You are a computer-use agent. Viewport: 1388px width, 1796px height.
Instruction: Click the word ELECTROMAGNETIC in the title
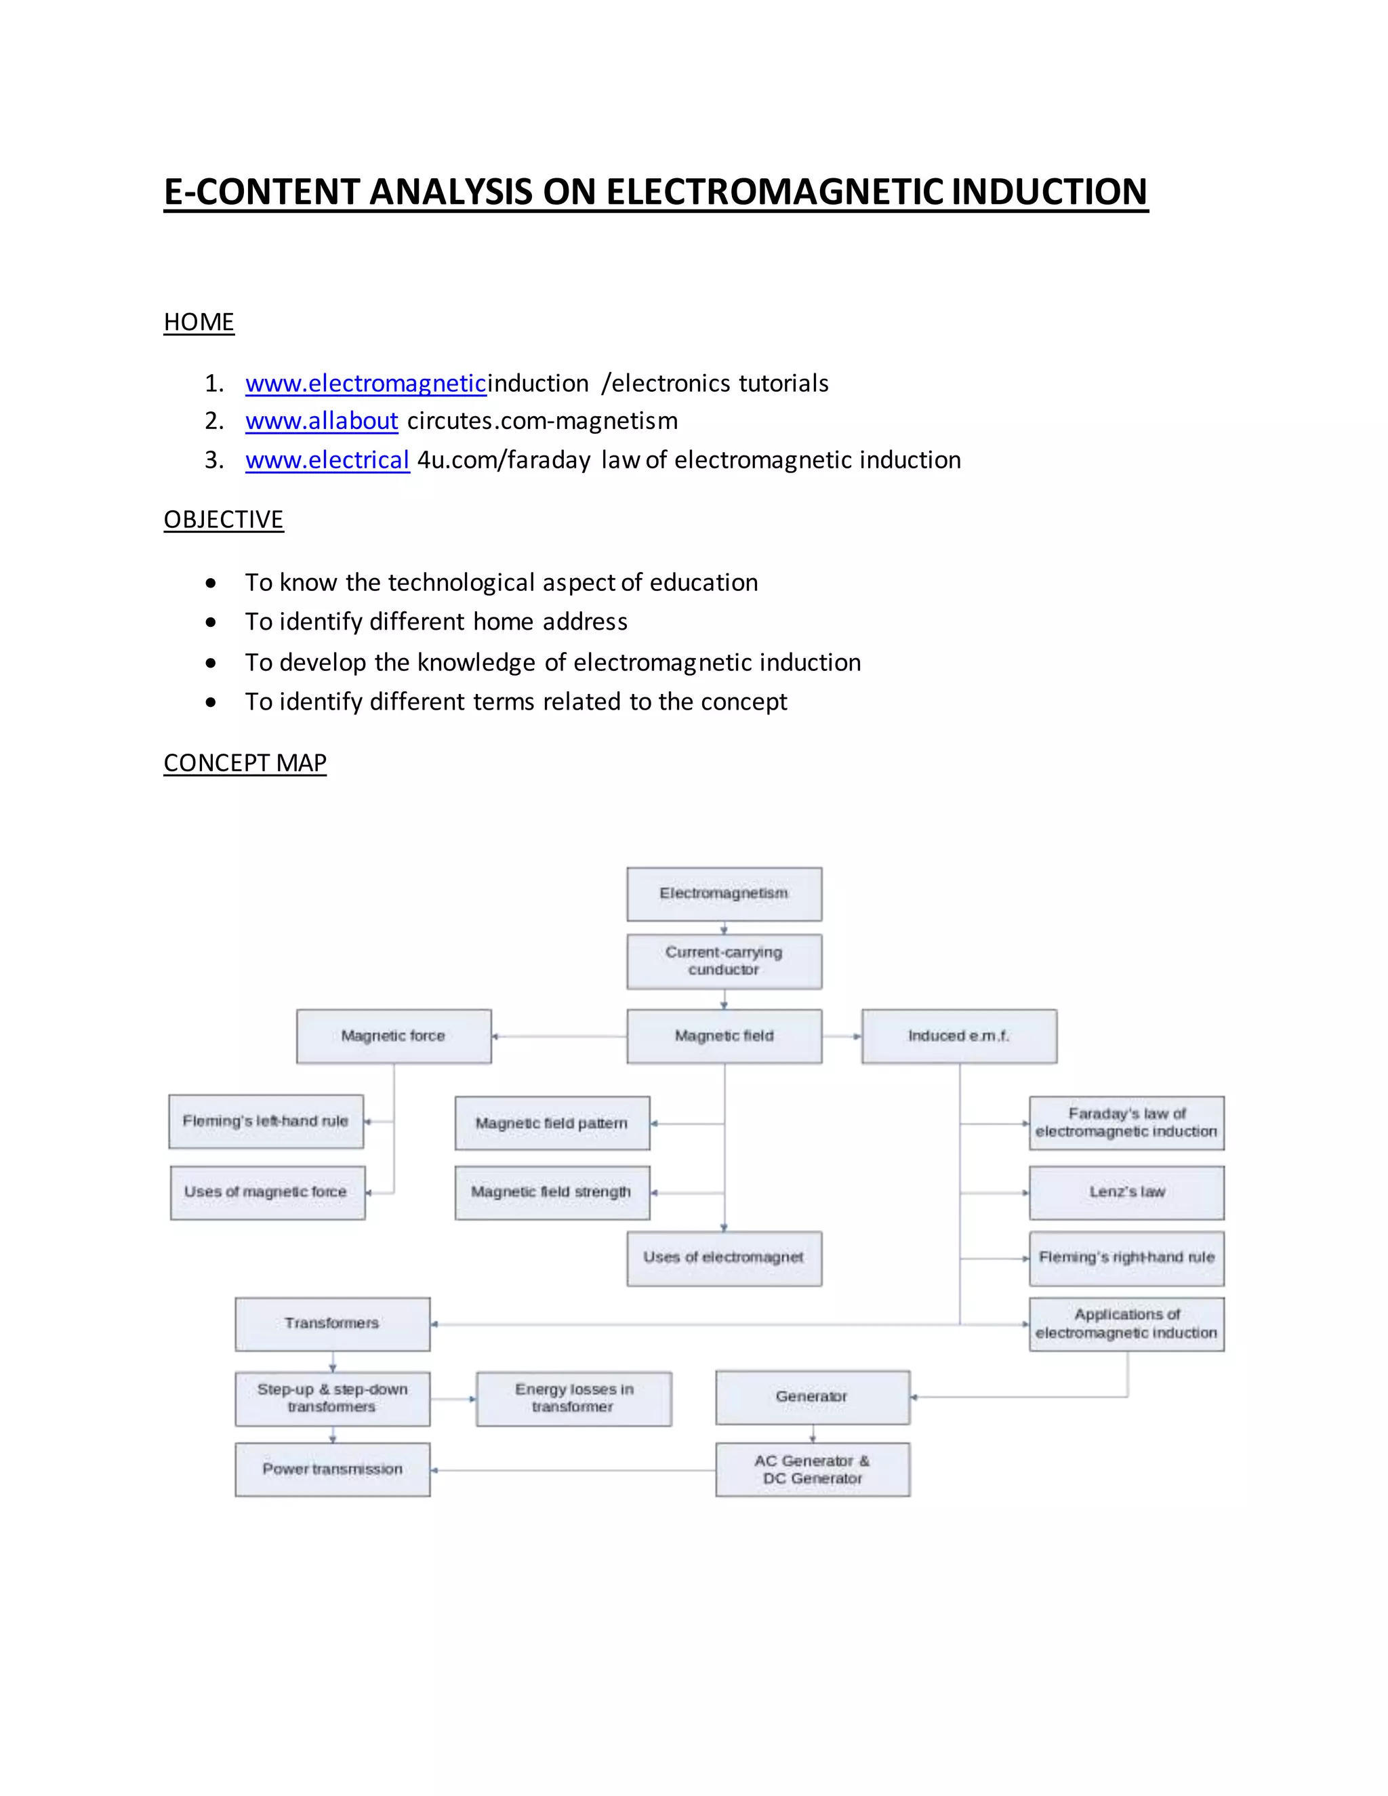click(775, 192)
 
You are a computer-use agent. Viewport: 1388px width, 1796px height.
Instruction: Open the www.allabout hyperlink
click(321, 421)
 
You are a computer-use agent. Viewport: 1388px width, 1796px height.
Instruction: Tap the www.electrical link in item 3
click(327, 460)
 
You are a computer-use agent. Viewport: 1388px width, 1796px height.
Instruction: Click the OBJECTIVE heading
click(224, 520)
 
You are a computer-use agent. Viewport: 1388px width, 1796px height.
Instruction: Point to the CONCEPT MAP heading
click(245, 763)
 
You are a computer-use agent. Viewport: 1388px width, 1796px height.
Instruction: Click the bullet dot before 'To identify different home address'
click(211, 623)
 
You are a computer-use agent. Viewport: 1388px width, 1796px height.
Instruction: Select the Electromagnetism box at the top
click(724, 894)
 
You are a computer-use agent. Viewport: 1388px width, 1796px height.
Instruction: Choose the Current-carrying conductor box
click(724, 961)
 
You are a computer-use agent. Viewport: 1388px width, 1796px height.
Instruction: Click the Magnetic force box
click(394, 1036)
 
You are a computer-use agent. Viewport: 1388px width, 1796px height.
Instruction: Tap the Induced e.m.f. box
click(959, 1036)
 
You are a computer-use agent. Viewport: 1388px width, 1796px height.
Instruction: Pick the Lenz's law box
click(1126, 1192)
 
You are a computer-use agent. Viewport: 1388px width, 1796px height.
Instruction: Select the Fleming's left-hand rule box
click(266, 1122)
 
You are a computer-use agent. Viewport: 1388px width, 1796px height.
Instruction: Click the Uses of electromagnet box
click(724, 1258)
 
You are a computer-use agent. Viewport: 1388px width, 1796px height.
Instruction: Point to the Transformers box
click(332, 1324)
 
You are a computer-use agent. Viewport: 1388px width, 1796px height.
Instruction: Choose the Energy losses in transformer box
click(574, 1398)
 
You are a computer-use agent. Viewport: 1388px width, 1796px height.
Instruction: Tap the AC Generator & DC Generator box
click(813, 1469)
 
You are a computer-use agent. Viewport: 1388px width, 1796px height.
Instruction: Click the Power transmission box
click(332, 1469)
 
